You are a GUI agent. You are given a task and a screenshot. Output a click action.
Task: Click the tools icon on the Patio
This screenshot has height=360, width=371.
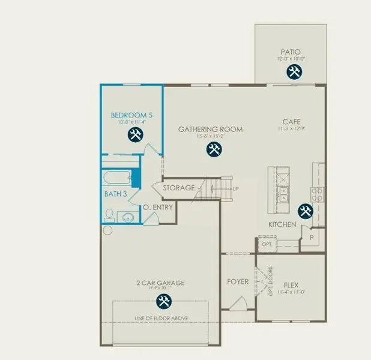[294, 72]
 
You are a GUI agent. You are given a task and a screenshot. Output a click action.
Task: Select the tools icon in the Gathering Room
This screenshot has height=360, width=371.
[214, 150]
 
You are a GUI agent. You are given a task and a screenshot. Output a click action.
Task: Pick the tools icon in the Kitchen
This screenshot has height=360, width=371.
[306, 211]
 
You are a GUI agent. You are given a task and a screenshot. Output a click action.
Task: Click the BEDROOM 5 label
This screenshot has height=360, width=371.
[131, 115]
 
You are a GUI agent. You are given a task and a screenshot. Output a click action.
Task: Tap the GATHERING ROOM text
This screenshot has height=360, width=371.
[211, 129]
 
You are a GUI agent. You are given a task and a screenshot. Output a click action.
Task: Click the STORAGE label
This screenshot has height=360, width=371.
[179, 188]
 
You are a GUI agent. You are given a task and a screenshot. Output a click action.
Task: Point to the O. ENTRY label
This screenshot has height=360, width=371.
[158, 208]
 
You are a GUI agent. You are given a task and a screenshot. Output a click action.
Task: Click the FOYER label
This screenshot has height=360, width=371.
[238, 282]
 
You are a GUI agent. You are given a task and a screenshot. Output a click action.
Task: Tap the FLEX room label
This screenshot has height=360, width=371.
[291, 285]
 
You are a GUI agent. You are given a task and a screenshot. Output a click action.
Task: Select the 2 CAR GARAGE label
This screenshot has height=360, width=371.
[160, 283]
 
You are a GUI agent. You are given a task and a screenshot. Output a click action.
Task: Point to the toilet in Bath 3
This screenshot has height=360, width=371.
[109, 215]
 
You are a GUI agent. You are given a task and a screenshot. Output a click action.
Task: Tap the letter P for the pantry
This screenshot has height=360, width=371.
[312, 238]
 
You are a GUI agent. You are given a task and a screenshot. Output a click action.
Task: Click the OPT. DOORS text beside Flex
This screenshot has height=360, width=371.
[271, 281]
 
